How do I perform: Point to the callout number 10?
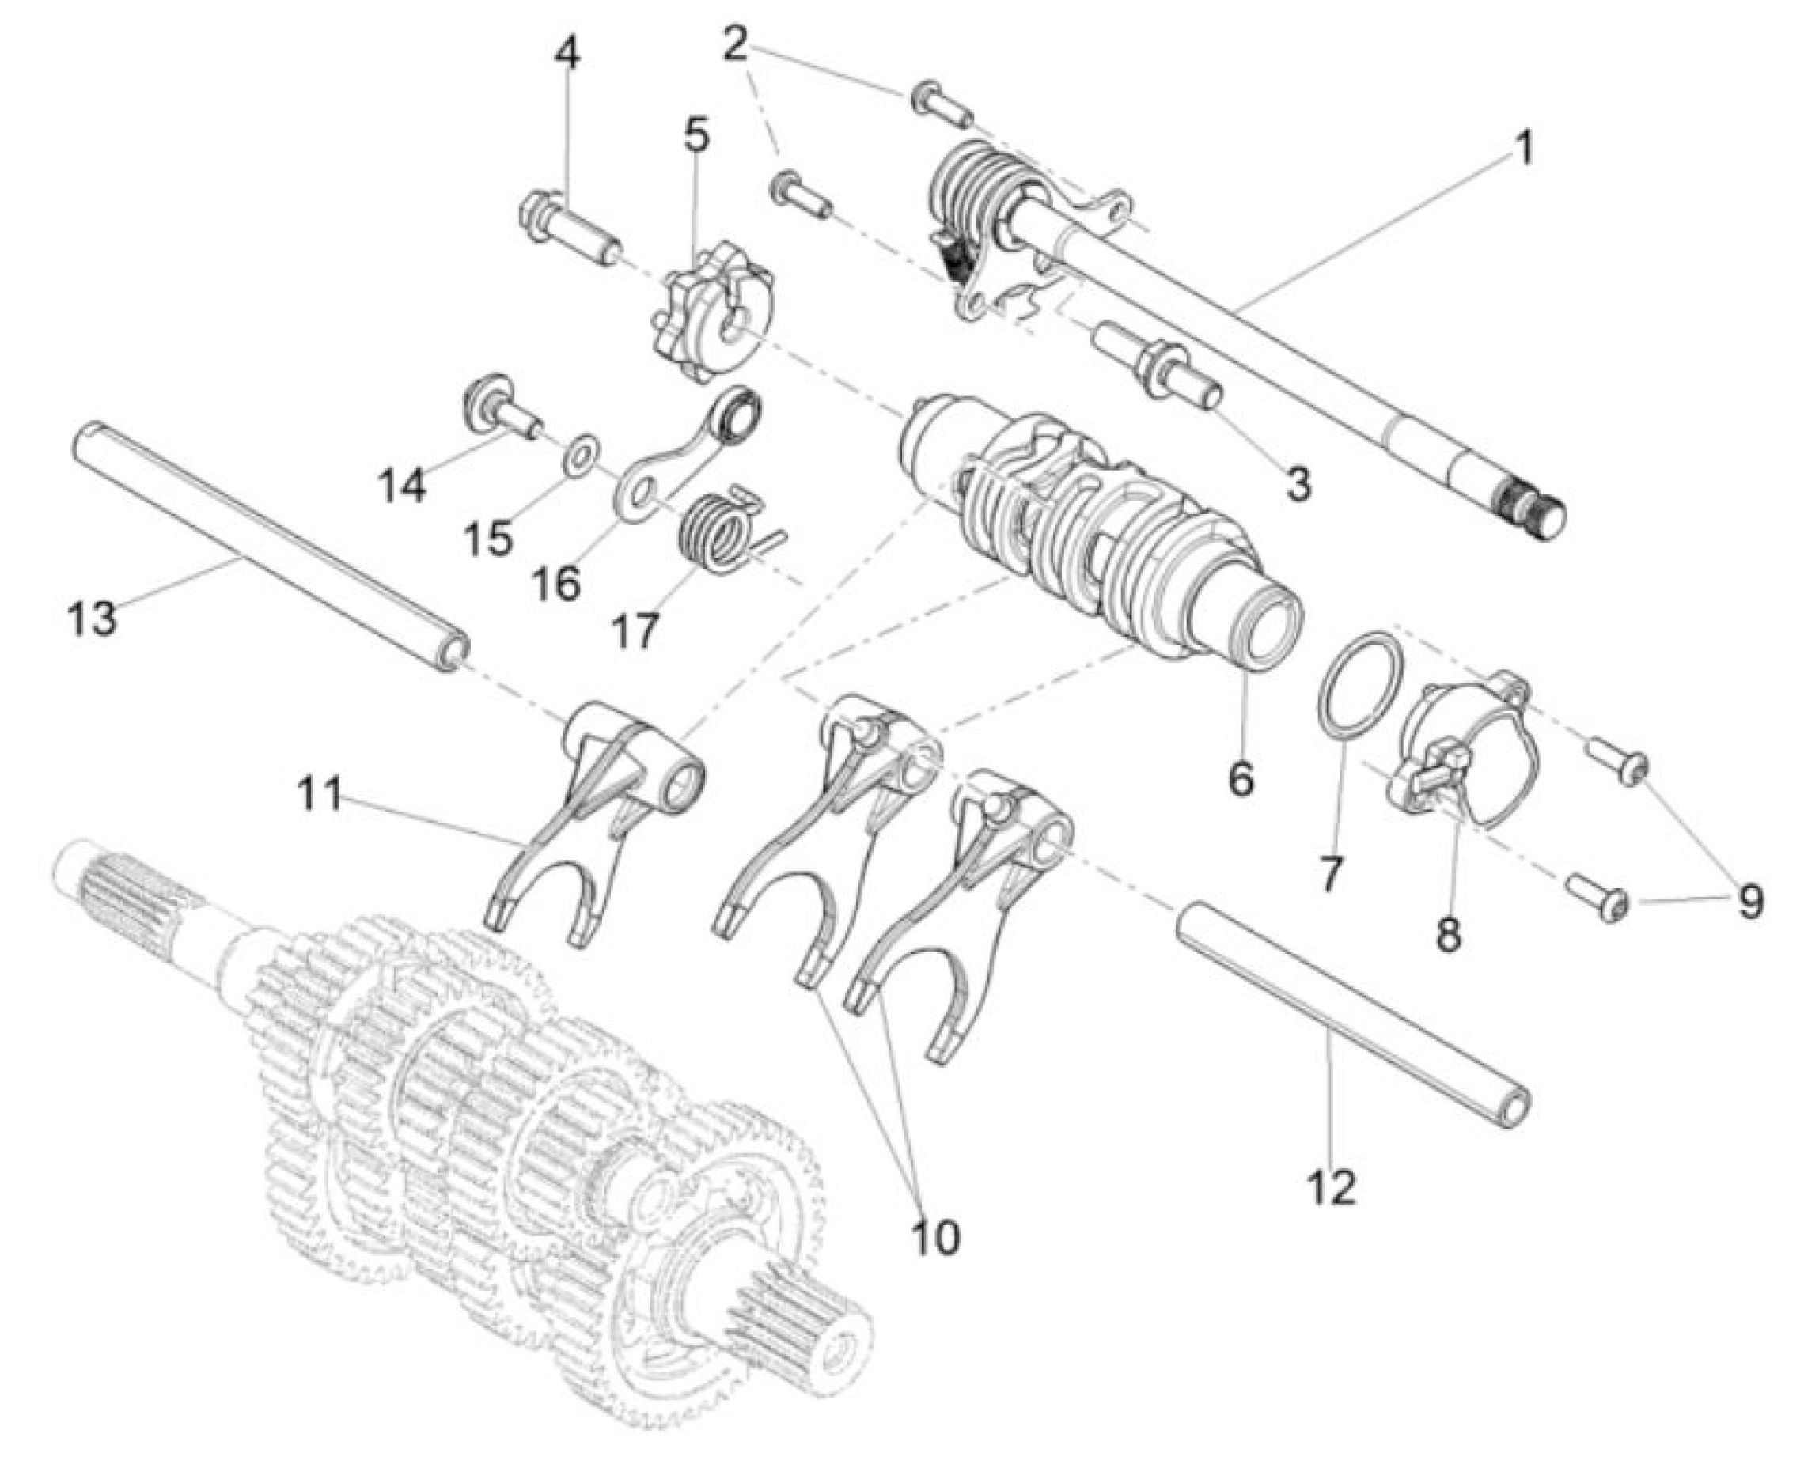tap(935, 1237)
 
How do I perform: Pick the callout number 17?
tap(635, 631)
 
